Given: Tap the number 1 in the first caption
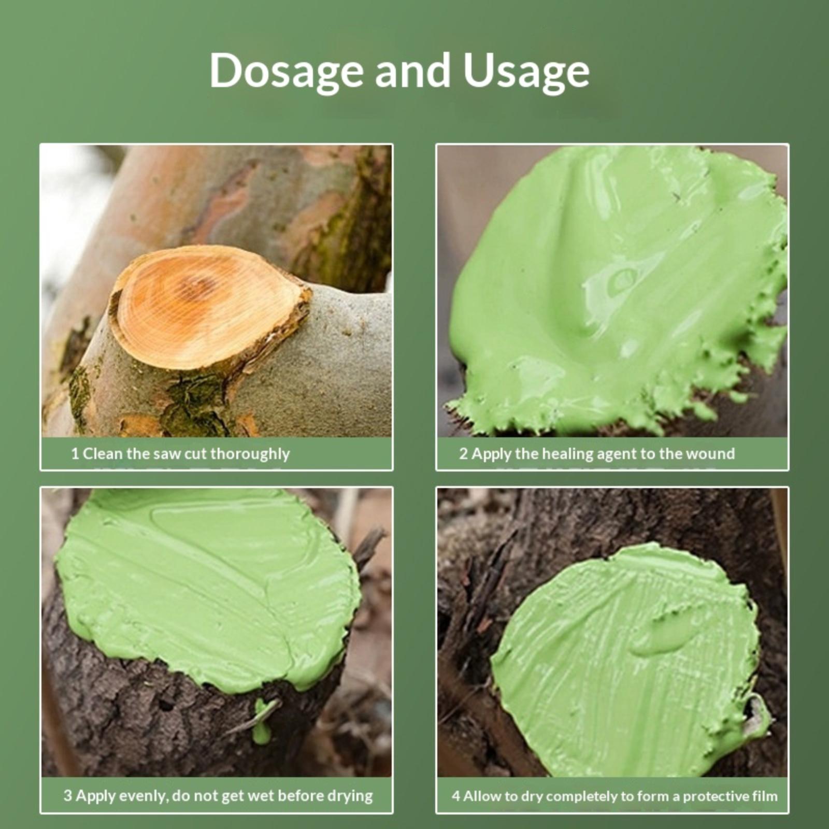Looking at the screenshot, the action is pyautogui.click(x=75, y=454).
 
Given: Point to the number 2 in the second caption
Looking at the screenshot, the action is pyautogui.click(x=463, y=454).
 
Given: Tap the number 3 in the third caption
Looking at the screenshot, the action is pyautogui.click(x=68, y=795).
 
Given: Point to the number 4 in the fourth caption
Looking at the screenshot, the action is pyautogui.click(x=455, y=796).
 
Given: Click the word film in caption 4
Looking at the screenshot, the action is pyautogui.click(x=765, y=796).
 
